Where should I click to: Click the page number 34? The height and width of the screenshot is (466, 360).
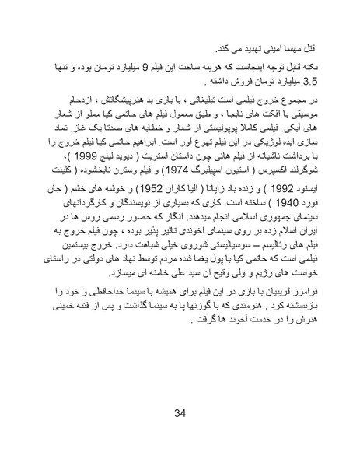(x=180, y=412)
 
